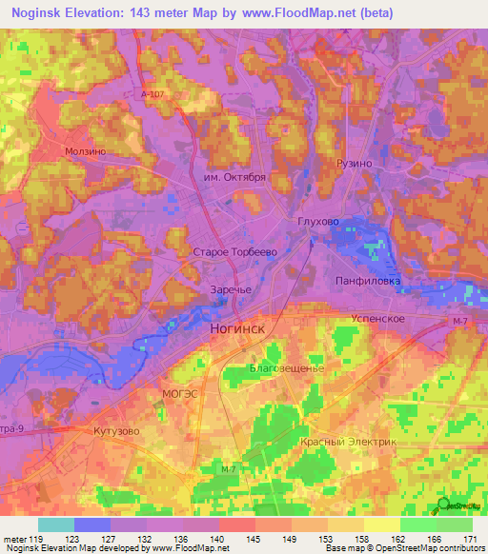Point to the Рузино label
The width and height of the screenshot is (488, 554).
tap(354, 164)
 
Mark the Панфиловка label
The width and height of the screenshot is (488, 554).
tap(368, 281)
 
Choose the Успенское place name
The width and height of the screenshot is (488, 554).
tap(379, 318)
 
